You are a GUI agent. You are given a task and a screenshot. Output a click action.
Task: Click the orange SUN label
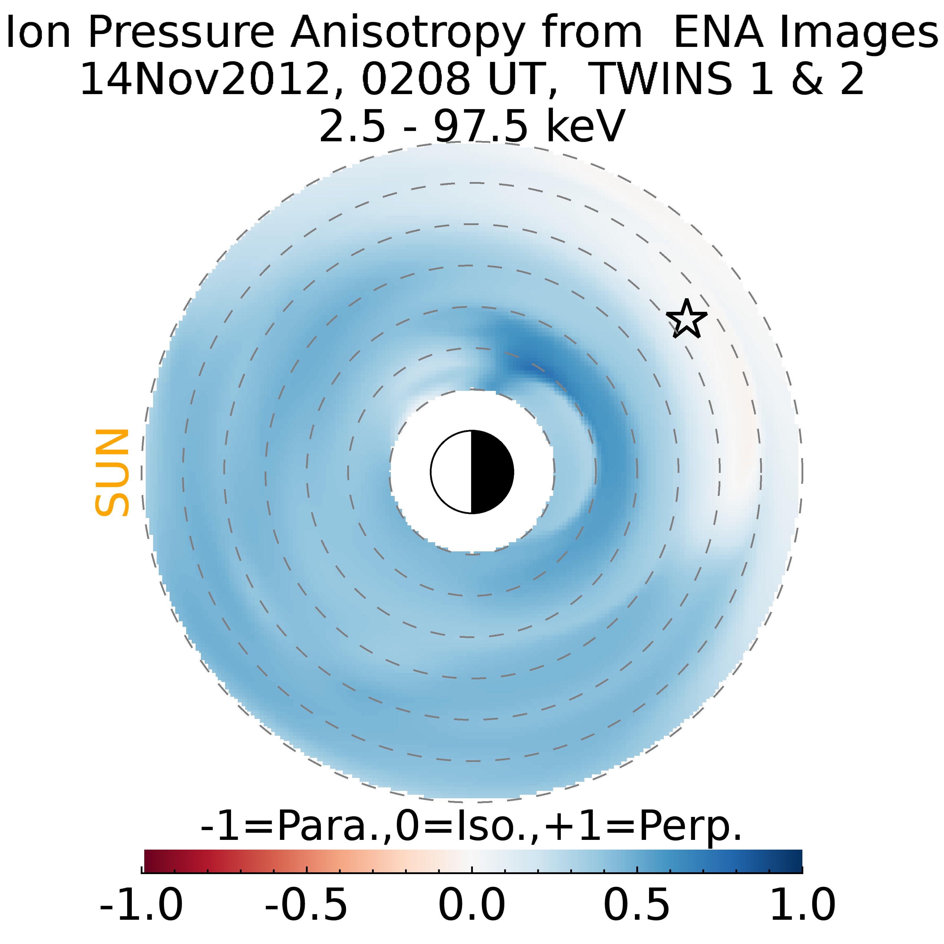coord(112,473)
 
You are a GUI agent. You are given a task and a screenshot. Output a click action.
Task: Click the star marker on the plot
coord(686,319)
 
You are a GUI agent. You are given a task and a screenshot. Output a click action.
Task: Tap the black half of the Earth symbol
coord(491,472)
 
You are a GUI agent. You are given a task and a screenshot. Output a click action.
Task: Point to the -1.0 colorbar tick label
coord(141,904)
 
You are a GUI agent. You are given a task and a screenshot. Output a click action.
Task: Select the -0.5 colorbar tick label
coord(307,904)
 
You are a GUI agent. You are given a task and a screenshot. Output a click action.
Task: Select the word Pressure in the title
coord(181,32)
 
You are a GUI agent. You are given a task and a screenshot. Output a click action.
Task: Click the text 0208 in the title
coord(415,79)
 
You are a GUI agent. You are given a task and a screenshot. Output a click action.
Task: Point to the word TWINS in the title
coord(662,79)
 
